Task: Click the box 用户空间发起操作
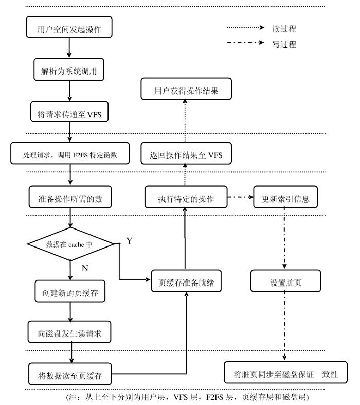click(69, 29)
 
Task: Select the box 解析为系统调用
click(69, 72)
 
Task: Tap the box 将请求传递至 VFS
click(69, 114)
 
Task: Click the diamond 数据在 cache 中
click(69, 244)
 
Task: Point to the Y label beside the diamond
click(129, 241)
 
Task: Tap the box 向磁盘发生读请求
click(69, 333)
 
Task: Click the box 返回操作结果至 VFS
click(186, 154)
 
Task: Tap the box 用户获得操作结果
click(186, 91)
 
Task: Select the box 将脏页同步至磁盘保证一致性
click(285, 374)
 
